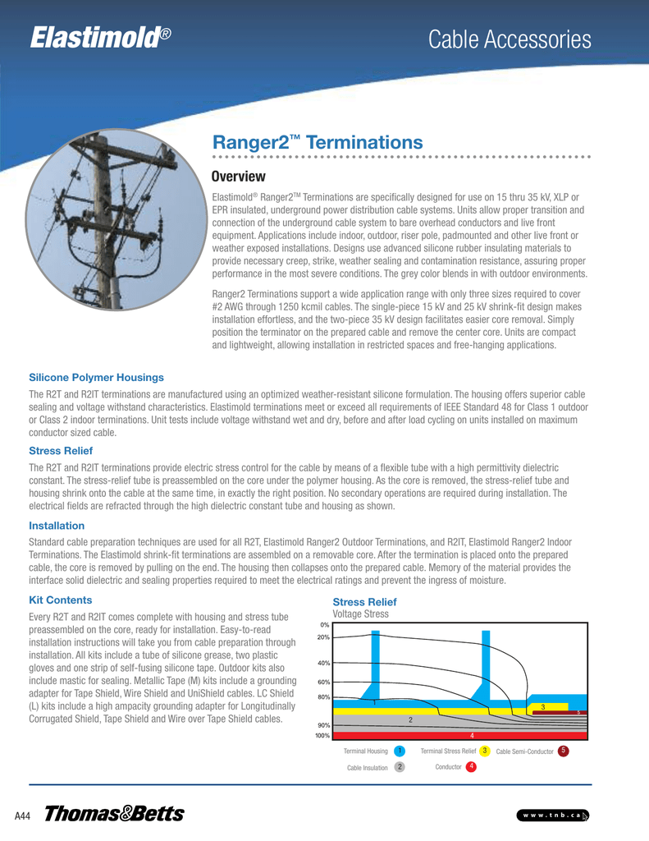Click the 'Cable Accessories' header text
click(x=510, y=39)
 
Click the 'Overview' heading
click(x=239, y=177)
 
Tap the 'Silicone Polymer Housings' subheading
click(x=96, y=377)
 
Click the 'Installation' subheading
click(x=57, y=525)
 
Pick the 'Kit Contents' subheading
click(x=60, y=600)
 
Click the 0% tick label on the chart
click(x=325, y=625)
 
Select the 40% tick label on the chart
click(x=323, y=663)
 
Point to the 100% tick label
click(x=322, y=736)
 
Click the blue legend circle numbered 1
click(x=399, y=751)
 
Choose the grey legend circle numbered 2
click(x=399, y=767)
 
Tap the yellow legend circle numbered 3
click(x=486, y=751)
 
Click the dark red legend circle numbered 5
click(x=563, y=751)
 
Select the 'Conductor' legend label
click(x=448, y=767)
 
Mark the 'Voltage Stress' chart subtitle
click(x=360, y=614)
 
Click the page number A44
click(x=23, y=816)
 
